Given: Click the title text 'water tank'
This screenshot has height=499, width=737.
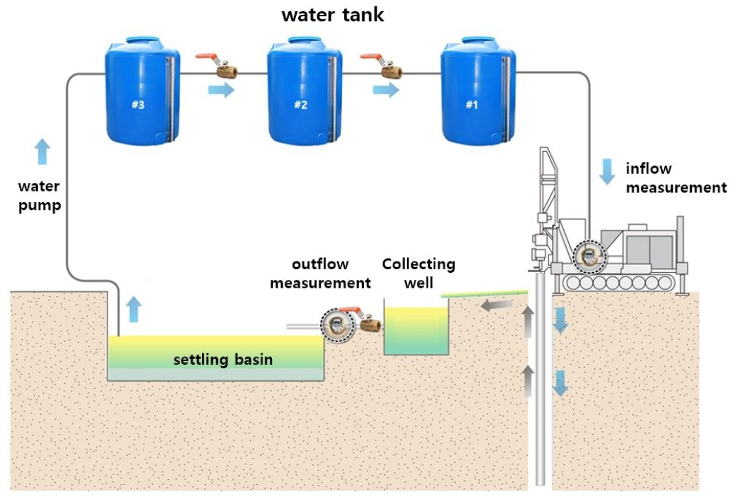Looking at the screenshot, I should pos(333,15).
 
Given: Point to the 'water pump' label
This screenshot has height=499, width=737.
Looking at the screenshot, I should pos(39,196).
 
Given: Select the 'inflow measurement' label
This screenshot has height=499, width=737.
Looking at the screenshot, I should pos(676,178).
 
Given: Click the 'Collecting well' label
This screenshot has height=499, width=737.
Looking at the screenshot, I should pos(418,273).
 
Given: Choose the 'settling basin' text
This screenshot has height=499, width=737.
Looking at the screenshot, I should pos(223,360).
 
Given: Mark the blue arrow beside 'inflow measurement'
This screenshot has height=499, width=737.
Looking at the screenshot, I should pos(606,172).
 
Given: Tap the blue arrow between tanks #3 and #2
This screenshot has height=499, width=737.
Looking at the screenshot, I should pos(221,90).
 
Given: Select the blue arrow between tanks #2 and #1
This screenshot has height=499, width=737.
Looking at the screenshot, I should pos(386,90).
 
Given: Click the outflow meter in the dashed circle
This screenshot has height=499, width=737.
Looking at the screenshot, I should pos(336,324).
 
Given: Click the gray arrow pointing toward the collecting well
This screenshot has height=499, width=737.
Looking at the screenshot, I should pos(497,305).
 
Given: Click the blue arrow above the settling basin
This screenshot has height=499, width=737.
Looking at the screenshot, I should pos(134,309).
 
